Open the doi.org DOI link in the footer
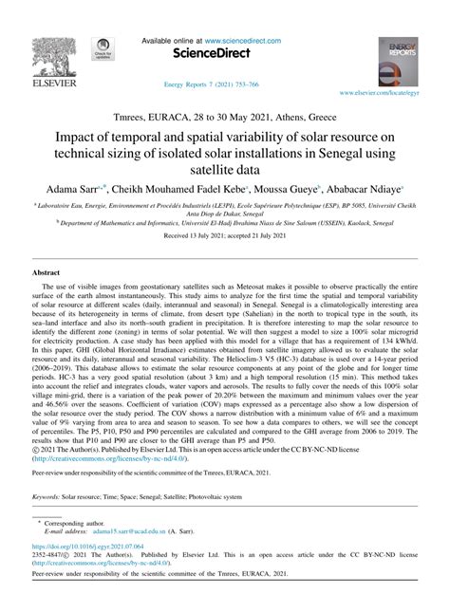(89, 548)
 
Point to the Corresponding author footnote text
(77, 525)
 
